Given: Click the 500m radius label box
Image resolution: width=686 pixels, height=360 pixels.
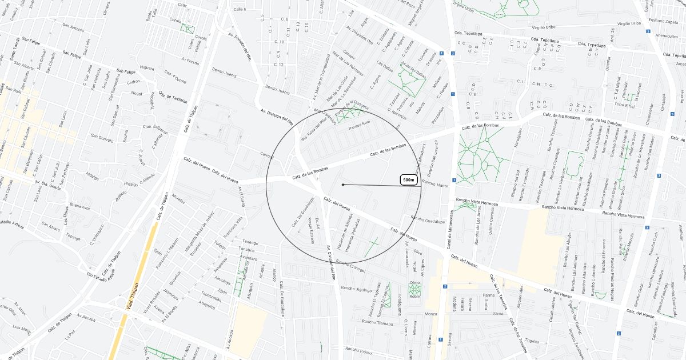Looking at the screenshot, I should (x=408, y=180).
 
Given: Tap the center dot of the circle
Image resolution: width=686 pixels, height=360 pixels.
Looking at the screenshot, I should (x=343, y=185).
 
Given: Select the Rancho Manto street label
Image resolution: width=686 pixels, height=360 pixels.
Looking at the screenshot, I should (x=434, y=185).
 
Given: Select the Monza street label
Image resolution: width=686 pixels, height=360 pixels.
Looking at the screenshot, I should (x=431, y=314).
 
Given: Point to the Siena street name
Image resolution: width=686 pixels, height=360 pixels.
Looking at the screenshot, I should (x=498, y=314).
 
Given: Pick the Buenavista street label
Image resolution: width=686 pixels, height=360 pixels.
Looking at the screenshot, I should (x=79, y=207).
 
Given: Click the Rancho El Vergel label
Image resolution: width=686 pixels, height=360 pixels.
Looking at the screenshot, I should (x=351, y=264).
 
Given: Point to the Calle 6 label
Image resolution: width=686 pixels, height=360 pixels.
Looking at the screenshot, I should (x=240, y=10).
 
